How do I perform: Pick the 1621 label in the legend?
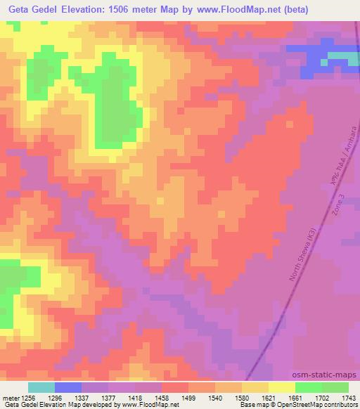coord(270,398)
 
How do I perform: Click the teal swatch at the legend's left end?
coord(41,387)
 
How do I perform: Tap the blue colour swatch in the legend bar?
coord(68,387)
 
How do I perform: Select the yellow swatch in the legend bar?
coord(282,387)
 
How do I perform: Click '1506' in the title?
coord(131,9)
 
